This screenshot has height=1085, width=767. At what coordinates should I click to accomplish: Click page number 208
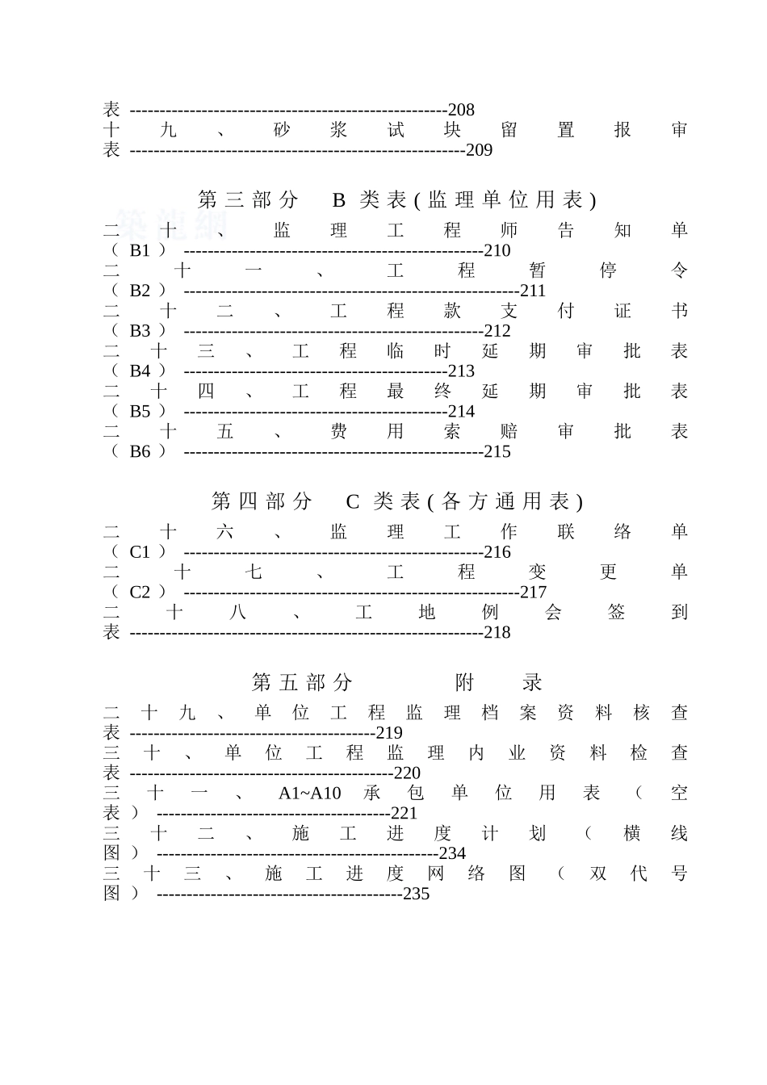tap(461, 110)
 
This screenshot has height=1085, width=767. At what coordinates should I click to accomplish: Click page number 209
tap(479, 150)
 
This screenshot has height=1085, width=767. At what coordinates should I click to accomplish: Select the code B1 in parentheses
tap(140, 250)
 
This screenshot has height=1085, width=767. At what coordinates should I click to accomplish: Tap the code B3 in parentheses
tap(140, 331)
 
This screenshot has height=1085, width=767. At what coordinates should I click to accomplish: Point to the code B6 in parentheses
tap(140, 451)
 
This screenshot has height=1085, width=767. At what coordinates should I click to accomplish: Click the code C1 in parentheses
tap(140, 552)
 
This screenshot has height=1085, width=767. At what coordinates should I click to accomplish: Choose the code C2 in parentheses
tap(140, 593)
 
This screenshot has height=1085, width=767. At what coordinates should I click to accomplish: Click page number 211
tap(533, 291)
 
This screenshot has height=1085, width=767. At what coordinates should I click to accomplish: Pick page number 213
tap(461, 371)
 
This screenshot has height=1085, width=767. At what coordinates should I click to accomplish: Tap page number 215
tap(497, 451)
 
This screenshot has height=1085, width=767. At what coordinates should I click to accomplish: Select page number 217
tap(533, 593)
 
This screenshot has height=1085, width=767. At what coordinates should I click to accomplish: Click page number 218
tap(497, 633)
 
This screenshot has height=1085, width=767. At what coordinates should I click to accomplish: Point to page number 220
tap(407, 773)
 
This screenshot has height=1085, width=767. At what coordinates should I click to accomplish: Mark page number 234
tap(452, 853)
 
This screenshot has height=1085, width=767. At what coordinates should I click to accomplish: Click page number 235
tap(416, 894)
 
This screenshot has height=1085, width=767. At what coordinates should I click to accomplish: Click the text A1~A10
tap(309, 793)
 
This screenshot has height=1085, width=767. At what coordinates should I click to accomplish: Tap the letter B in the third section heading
tap(339, 200)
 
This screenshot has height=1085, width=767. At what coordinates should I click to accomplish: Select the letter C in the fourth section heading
tap(352, 502)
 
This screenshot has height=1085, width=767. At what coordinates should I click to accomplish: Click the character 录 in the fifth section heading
tap(532, 683)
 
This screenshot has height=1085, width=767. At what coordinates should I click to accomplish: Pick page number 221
tap(404, 813)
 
